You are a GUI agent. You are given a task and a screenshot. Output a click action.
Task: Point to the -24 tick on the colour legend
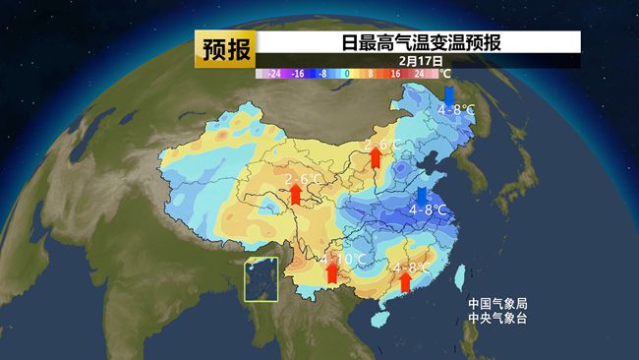coord(274,74)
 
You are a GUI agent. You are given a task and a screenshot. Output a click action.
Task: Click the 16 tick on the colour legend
coord(395,74)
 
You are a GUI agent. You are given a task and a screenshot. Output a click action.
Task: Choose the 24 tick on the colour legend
coord(420,74)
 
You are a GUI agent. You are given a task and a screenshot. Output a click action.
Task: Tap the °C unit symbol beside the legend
coord(444,74)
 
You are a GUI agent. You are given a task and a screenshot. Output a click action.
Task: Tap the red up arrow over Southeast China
coord(405,281)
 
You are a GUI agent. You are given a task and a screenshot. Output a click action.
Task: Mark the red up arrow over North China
coord(375,157)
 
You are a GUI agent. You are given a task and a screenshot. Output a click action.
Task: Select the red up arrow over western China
coord(296,193)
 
